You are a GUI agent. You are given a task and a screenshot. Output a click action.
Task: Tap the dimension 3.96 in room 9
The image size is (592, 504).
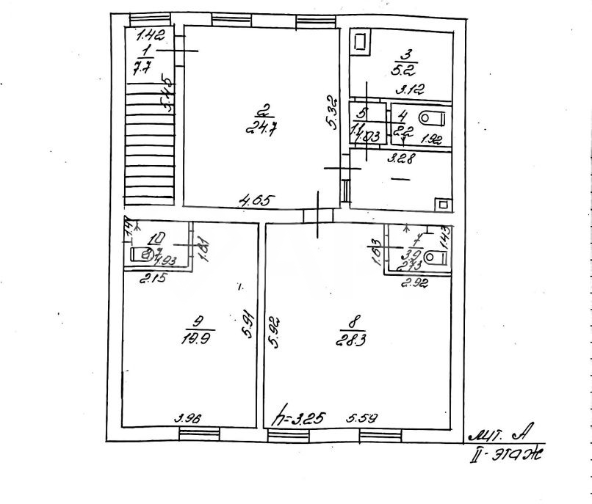pyautogui.click(x=187, y=418)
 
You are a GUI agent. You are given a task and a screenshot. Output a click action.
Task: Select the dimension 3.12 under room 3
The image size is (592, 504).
pyautogui.click(x=408, y=92)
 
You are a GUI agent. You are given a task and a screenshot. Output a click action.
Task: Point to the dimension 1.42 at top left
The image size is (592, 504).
pyautogui.click(x=151, y=34)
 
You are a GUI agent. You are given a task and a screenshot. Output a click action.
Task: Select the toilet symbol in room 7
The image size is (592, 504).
pyautogui.click(x=436, y=255)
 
